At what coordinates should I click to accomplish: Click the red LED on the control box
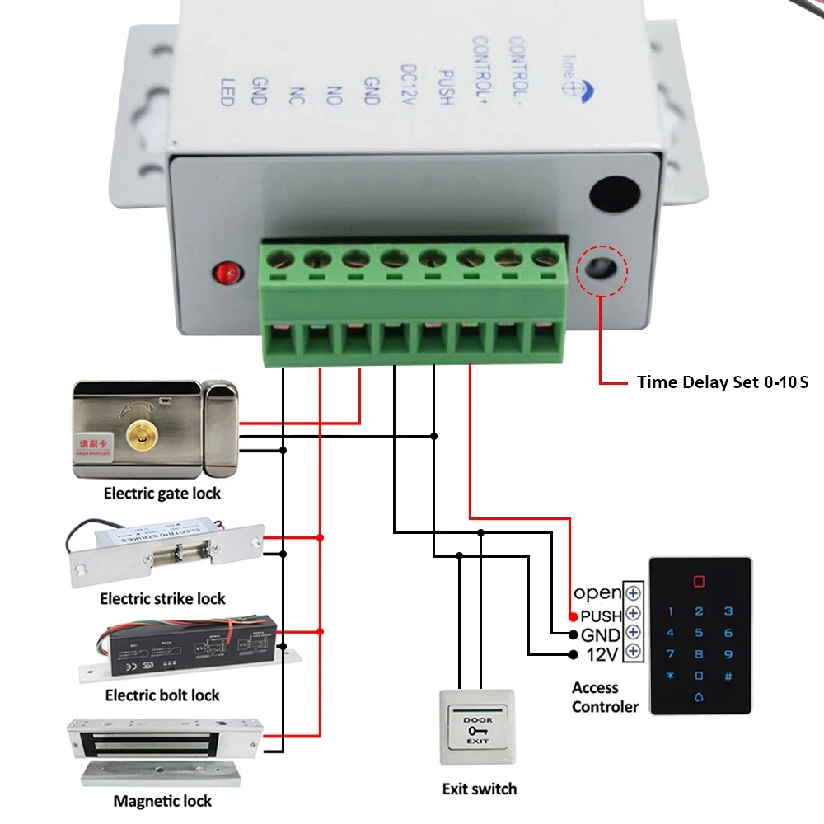tap(224, 271)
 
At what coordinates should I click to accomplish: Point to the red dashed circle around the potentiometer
tap(603, 269)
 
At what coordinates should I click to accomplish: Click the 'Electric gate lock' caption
tap(162, 494)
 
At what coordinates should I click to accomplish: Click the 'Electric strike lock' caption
tap(162, 599)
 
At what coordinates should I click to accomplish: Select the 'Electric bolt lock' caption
tap(162, 696)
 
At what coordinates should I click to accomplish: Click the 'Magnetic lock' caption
tap(162, 801)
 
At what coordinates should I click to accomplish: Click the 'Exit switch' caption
tap(480, 789)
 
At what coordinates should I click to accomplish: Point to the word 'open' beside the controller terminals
tap(597, 593)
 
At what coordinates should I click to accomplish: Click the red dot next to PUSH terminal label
tap(574, 616)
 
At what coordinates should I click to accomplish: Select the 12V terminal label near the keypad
tap(602, 655)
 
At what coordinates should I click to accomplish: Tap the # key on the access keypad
tap(728, 677)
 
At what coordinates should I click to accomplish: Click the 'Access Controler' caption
tap(605, 697)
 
